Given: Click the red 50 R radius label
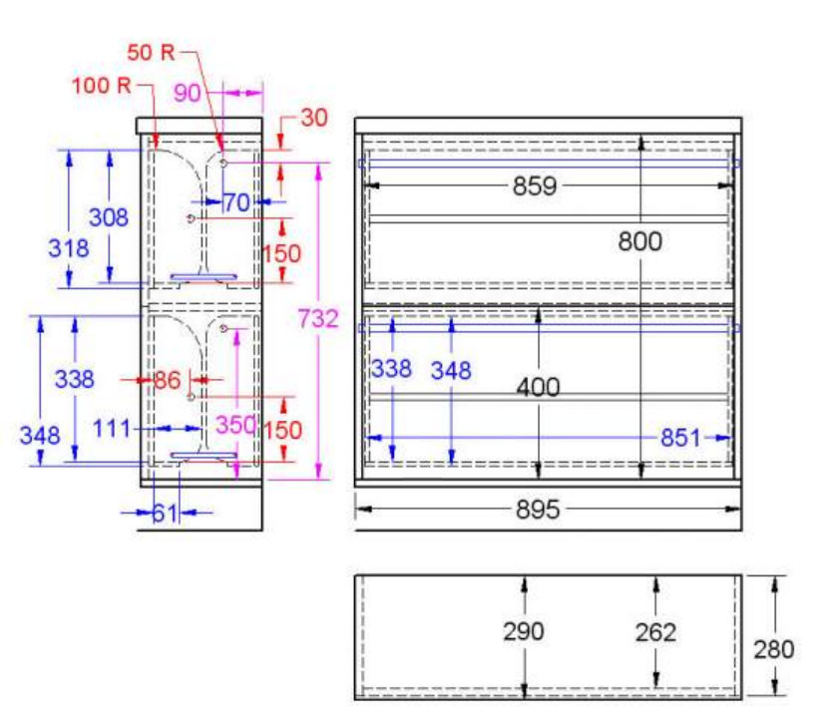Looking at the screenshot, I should tap(151, 51).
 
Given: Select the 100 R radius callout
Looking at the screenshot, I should tap(102, 85).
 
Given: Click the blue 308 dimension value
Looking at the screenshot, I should tap(109, 217).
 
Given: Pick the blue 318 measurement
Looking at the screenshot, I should tap(69, 248).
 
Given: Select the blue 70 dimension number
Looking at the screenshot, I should tap(236, 202).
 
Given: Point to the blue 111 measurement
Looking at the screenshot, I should tap(113, 429).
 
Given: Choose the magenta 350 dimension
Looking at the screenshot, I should tap(236, 426).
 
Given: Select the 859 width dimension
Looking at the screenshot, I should tap(535, 185).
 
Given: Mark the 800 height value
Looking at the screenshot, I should tap(639, 240).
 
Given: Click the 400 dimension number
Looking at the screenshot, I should tap(539, 386).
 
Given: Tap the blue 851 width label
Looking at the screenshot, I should tap(678, 437).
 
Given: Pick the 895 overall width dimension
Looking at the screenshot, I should tap(538, 510).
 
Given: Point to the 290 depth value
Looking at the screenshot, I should tap(523, 631).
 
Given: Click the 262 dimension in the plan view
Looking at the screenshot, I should tap(654, 631).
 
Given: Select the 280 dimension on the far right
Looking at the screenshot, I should tap(774, 649).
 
